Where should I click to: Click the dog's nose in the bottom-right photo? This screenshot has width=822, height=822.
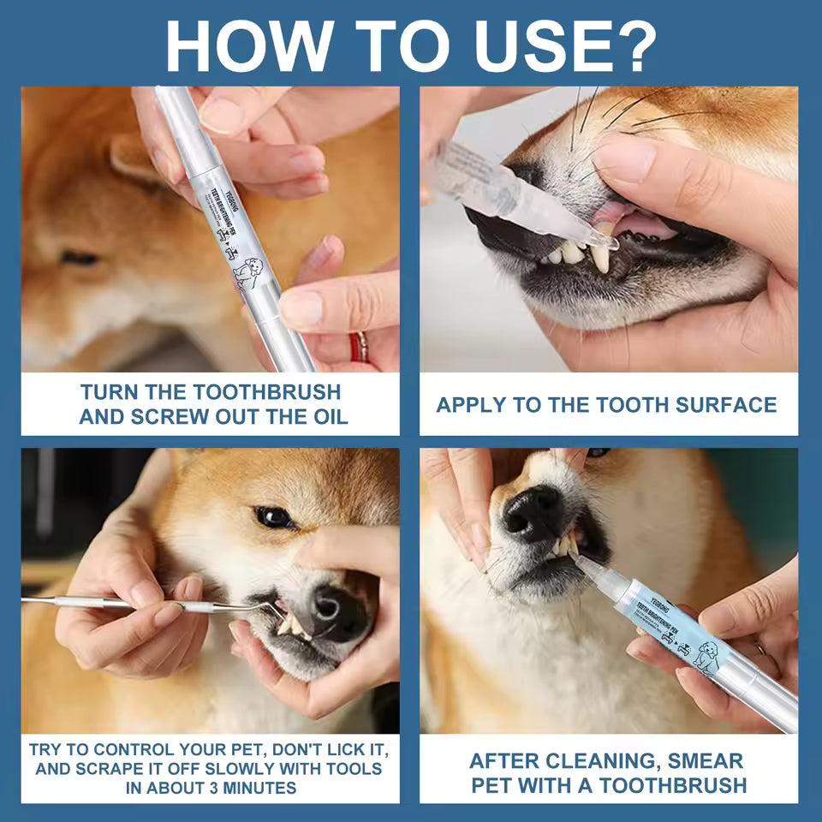[x=532, y=513]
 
